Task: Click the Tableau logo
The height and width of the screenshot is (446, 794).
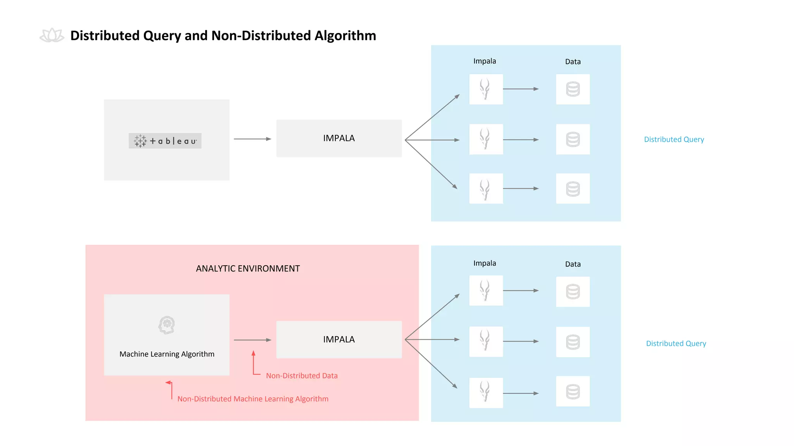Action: [x=165, y=141]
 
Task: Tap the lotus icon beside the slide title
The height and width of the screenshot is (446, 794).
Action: [x=52, y=36]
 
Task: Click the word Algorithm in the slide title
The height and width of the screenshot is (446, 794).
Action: [x=345, y=36]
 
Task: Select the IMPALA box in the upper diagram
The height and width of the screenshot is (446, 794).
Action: [x=339, y=138]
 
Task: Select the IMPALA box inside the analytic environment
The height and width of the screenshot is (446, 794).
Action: [x=339, y=340]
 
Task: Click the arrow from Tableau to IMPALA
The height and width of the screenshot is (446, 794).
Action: [x=252, y=139]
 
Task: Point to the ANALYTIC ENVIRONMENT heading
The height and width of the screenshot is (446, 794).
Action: [x=248, y=269]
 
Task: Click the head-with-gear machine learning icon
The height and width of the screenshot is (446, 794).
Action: [x=167, y=325]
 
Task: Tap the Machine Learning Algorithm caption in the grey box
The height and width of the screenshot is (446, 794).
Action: [x=167, y=354]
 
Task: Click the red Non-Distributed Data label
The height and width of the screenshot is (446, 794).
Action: [x=302, y=376]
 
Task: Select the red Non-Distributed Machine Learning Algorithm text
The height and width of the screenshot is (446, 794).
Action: [x=253, y=399]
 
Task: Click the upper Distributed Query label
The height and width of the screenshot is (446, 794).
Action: [x=674, y=139]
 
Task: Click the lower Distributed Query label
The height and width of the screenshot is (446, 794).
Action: [x=676, y=343]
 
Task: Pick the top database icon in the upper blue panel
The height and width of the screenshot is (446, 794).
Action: [x=573, y=89]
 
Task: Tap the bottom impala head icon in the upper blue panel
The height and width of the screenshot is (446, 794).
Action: [x=485, y=189]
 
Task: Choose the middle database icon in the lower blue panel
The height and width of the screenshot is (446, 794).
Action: [x=573, y=342]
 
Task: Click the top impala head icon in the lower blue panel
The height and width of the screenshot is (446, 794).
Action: [x=485, y=290]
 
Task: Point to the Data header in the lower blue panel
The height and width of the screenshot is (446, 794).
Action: [x=573, y=264]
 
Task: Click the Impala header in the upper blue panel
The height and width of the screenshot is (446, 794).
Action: [x=485, y=61]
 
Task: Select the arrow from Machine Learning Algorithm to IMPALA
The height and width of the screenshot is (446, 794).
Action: [x=252, y=340]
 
